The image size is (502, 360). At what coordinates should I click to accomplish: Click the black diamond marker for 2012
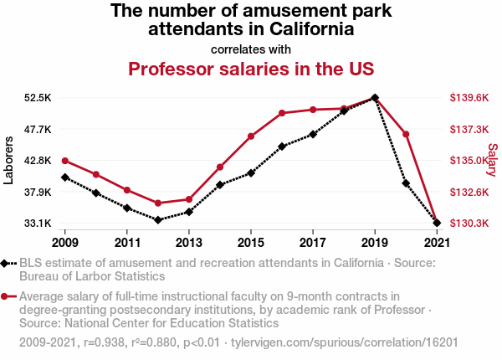click(x=158, y=220)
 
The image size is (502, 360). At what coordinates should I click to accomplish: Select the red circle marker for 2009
click(x=65, y=161)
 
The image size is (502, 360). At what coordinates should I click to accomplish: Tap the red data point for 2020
click(x=406, y=134)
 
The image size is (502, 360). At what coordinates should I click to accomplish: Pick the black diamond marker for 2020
click(x=406, y=183)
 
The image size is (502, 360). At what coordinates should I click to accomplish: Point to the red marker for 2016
click(x=282, y=113)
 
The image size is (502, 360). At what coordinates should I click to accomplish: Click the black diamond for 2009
click(x=65, y=177)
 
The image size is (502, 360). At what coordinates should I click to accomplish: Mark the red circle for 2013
click(x=189, y=199)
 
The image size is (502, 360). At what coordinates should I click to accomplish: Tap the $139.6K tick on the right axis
click(x=469, y=98)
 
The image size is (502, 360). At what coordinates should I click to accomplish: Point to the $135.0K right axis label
click(x=469, y=161)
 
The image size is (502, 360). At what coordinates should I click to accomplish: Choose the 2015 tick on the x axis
click(x=251, y=243)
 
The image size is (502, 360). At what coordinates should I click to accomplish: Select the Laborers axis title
click(x=9, y=161)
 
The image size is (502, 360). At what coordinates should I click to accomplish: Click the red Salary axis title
click(x=492, y=159)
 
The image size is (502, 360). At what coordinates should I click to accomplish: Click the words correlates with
click(x=251, y=49)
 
